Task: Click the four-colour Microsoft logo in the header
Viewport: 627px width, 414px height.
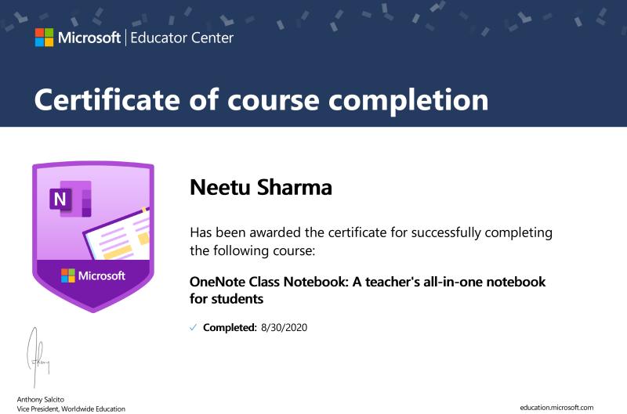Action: pyautogui.click(x=44, y=38)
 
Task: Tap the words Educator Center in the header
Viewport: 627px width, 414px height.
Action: pyautogui.click(x=182, y=38)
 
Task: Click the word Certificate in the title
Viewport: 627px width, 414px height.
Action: pyautogui.click(x=107, y=99)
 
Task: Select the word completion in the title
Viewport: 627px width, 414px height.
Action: pyautogui.click(x=408, y=101)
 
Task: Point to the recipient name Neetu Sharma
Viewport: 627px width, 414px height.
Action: pyautogui.click(x=261, y=187)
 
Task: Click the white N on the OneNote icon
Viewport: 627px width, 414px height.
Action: pyautogui.click(x=60, y=199)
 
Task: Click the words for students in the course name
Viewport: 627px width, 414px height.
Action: pyautogui.click(x=227, y=299)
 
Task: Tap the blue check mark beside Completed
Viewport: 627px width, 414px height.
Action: pyautogui.click(x=193, y=328)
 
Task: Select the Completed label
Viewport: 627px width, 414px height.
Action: pyautogui.click(x=230, y=328)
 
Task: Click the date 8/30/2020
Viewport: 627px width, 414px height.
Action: pyautogui.click(x=285, y=328)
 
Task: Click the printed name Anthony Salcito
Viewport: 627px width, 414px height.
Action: pyautogui.click(x=41, y=399)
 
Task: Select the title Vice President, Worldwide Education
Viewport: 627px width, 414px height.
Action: pyautogui.click(x=71, y=409)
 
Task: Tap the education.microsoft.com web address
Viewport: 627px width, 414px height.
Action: pyautogui.click(x=556, y=408)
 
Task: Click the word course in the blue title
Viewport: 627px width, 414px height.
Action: pyautogui.click(x=274, y=101)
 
